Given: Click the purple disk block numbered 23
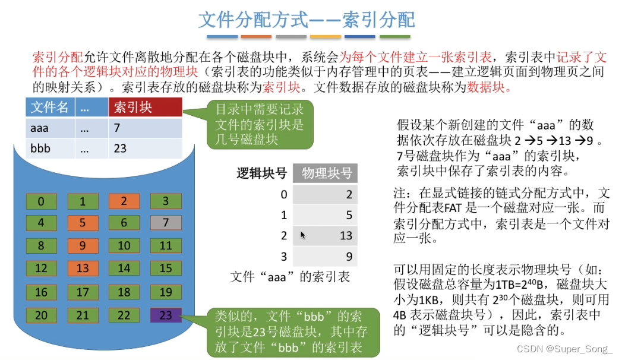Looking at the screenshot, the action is point(166,315).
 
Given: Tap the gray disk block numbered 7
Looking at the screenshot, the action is point(166,222).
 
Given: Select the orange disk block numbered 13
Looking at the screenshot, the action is point(83,269).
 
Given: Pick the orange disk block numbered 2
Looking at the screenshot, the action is point(124,201).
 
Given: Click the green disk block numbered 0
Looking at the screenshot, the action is point(41,201).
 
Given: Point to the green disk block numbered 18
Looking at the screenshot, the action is point(124,292).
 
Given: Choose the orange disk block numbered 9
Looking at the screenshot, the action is point(83,245).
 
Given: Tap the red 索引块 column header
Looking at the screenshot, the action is point(145,107).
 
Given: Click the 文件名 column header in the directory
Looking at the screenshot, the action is point(50,107).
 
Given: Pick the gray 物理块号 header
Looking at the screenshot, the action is point(326,173).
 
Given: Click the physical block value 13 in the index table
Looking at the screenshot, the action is point(346,235).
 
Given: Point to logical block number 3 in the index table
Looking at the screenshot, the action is point(283,257).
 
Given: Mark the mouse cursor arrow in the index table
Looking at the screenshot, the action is point(302,235).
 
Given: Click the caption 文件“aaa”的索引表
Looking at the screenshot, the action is point(289,276).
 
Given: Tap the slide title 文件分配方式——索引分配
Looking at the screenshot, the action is point(307,20).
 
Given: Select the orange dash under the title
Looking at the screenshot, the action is point(256,36).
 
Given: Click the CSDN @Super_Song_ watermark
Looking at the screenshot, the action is point(564,349).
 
